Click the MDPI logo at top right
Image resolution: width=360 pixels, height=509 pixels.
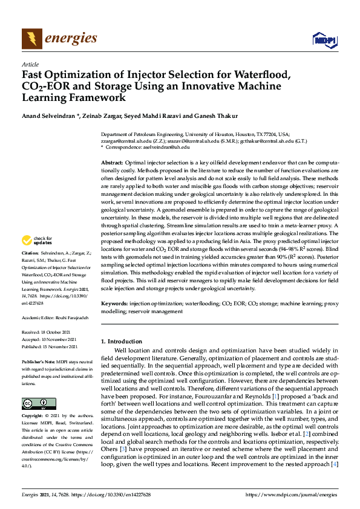[x=324, y=40]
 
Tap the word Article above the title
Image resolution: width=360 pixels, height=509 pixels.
[x=30, y=64]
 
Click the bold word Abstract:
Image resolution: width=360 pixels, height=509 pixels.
[x=111, y=164]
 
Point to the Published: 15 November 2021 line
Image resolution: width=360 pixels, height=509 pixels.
[x=50, y=347]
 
